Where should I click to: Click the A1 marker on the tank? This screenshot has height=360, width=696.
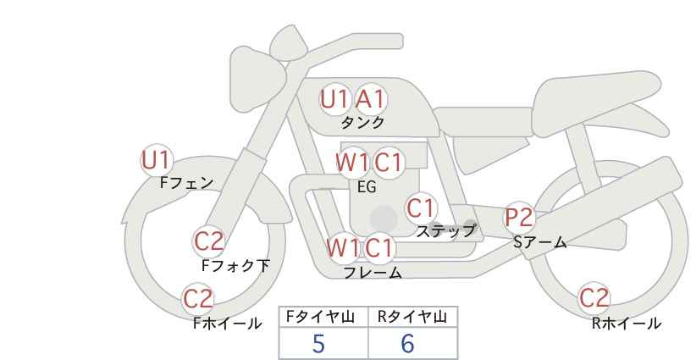(371, 99)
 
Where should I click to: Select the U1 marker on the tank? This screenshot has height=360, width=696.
(335, 99)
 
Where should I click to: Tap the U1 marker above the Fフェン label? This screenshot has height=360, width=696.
(157, 160)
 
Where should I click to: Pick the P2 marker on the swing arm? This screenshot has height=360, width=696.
(519, 218)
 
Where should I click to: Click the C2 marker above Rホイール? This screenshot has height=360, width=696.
(594, 298)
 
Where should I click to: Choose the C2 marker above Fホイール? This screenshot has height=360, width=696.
(198, 299)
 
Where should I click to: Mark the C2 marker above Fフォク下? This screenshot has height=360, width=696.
(209, 242)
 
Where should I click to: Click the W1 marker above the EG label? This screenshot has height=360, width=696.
(352, 163)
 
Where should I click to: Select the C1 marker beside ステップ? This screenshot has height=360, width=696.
(421, 208)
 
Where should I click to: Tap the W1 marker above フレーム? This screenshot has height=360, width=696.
(343, 247)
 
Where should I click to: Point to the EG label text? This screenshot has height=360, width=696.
(367, 187)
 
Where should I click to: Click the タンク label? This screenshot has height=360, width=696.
(362, 122)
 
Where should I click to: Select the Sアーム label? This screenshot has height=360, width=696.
(539, 242)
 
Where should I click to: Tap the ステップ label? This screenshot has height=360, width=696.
(445, 231)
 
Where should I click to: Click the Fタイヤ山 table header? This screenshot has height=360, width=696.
(320, 317)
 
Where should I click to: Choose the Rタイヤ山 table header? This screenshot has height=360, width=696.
(412, 317)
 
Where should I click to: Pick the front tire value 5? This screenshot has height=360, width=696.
(318, 343)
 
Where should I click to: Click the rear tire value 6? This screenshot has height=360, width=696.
(407, 343)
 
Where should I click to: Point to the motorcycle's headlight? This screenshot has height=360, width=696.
(255, 80)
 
